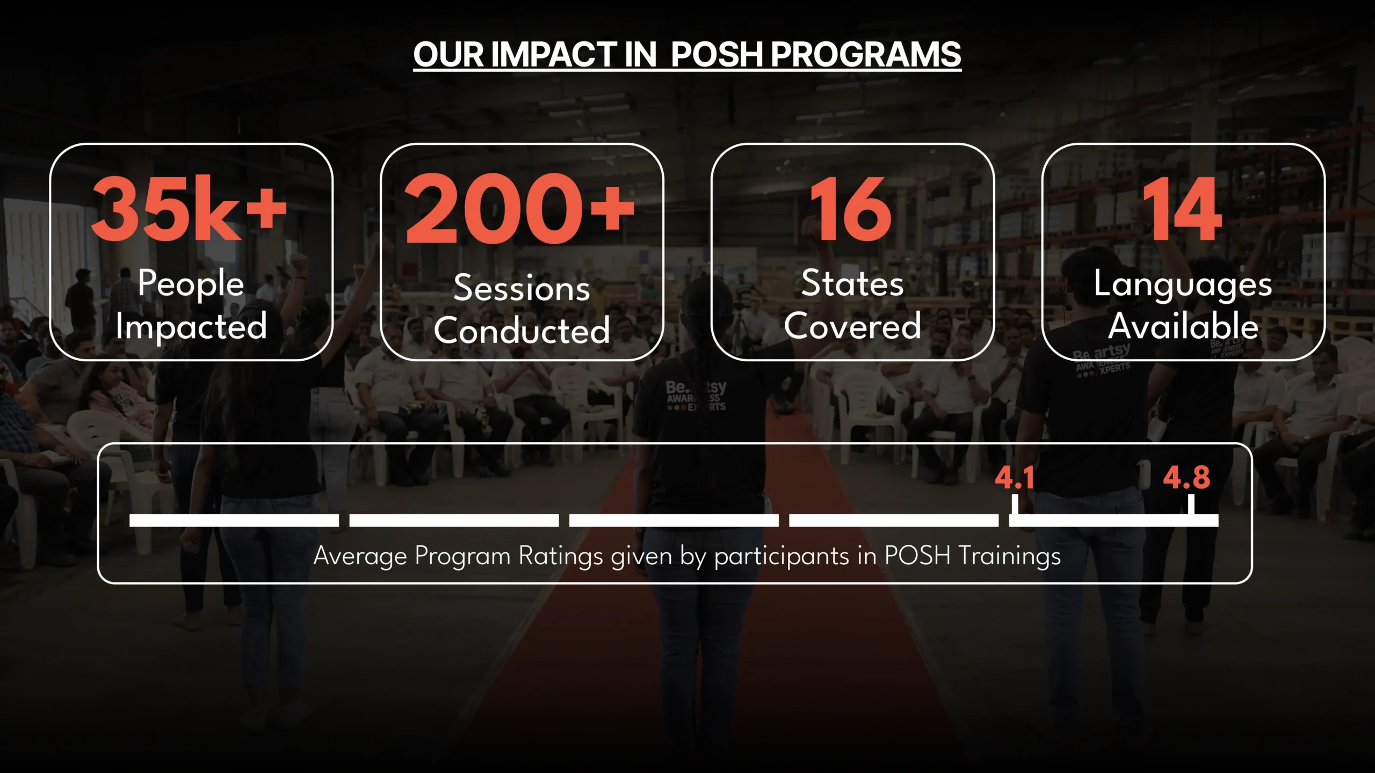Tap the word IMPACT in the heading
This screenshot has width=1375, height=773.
pos(554,55)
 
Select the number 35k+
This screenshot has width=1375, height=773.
pos(189,208)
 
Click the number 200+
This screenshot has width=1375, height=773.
pos(520,208)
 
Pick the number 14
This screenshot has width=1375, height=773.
pos(1182,209)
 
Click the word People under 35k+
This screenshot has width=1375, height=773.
pos(191,283)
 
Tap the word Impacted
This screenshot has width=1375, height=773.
pos(191,326)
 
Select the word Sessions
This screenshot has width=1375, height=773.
pos(522,288)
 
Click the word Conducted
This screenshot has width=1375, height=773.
pos(522,330)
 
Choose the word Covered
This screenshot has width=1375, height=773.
pos(852,325)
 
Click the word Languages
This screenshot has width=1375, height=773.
pos(1183,285)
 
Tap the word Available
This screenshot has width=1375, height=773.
pos(1183,325)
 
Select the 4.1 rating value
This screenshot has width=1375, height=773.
pos(1014,477)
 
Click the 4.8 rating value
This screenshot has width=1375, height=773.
pos(1186,477)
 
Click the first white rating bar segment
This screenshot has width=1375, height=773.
pos(234,520)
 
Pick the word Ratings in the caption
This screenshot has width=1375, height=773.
pos(561,556)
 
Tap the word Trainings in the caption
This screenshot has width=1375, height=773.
pos(1010,556)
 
